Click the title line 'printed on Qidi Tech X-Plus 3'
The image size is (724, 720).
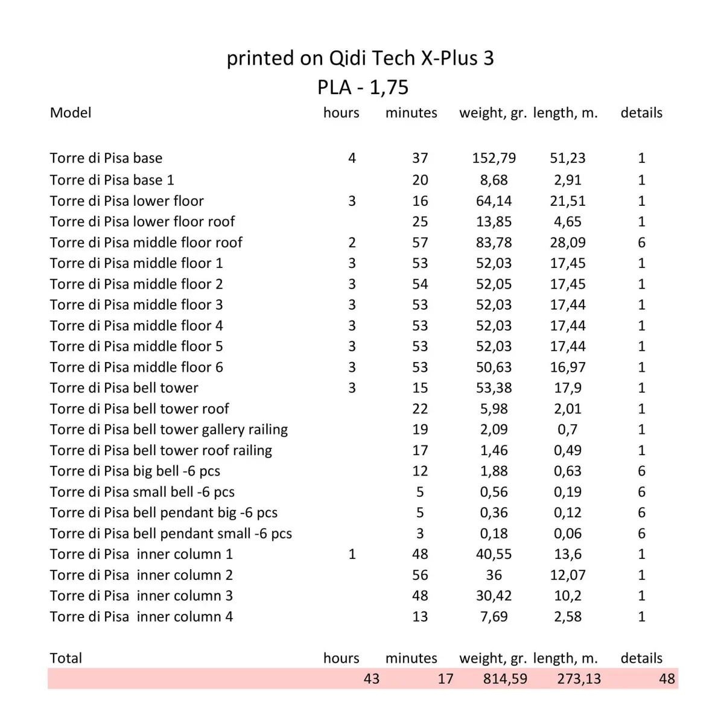[x=360, y=58]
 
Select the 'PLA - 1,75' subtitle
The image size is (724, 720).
[x=363, y=88]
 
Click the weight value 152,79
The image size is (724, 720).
[x=494, y=158]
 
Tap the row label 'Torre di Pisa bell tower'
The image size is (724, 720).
[x=124, y=388]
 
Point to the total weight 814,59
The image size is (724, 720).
[x=505, y=679]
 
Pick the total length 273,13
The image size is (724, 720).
[x=579, y=679]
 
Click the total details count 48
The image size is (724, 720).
[x=667, y=679]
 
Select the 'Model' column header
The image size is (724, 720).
[x=71, y=113]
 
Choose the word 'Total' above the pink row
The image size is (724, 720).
[x=66, y=658]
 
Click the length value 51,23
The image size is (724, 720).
[x=567, y=158]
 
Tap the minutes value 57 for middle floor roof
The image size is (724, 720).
[x=420, y=243]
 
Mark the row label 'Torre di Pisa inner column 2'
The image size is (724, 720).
[x=141, y=575]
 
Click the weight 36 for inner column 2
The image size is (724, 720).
[x=494, y=575]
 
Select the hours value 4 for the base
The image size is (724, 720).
[x=352, y=158]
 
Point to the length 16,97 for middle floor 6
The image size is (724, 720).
[x=567, y=368]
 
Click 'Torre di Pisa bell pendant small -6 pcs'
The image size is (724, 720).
[x=171, y=534]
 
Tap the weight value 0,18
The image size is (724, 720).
[x=494, y=534]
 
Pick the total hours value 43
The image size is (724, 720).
[x=371, y=679]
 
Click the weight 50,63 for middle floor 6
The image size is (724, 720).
[x=494, y=368]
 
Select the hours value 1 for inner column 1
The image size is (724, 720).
[x=352, y=554]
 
